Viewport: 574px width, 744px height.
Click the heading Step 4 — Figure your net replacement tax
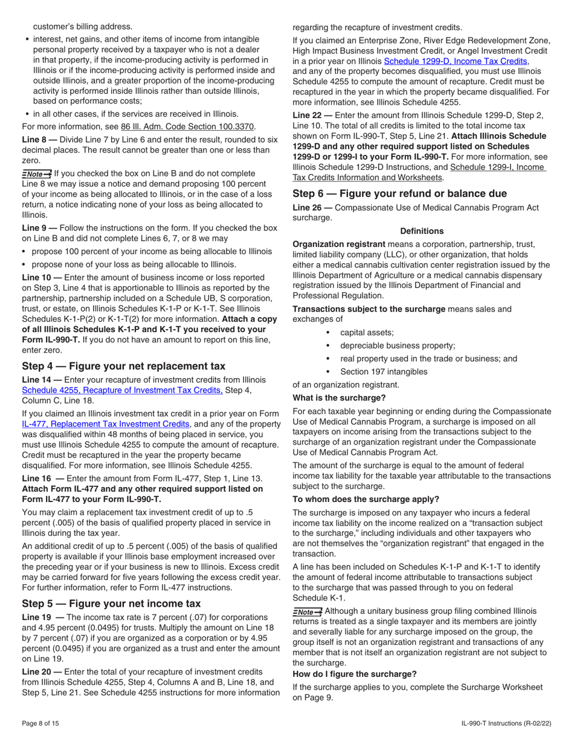[x=123, y=366]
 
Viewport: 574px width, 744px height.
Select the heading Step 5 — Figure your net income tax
[x=111, y=603]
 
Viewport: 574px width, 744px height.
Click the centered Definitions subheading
[x=422, y=231]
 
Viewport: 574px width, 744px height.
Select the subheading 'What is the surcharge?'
[x=339, y=398]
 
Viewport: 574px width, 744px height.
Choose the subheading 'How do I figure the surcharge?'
[x=354, y=674]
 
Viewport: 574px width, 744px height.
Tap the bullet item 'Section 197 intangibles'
[x=384, y=371]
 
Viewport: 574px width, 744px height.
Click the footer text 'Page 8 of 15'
[x=40, y=723]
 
